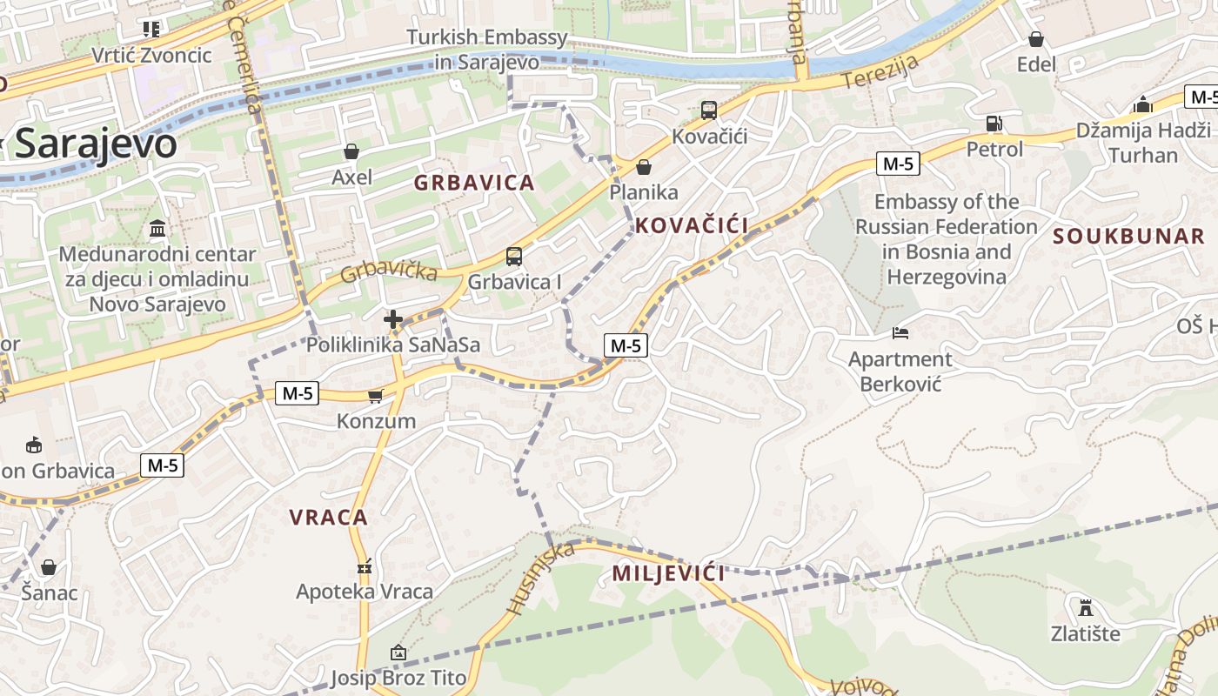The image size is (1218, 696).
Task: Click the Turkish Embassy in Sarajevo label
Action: [487, 50]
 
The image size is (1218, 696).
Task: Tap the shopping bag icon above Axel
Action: [351, 152]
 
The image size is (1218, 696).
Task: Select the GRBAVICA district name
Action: [473, 183]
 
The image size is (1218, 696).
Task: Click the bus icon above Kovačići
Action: [709, 110]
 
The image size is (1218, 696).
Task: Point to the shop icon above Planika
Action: [644, 167]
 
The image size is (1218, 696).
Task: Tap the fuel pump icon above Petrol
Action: [994, 124]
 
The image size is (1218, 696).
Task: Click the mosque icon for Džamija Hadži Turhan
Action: [1143, 105]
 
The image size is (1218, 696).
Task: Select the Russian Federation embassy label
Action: [946, 239]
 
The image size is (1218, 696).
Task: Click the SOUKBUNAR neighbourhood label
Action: [1128, 236]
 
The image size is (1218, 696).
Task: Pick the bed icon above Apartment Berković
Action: [900, 333]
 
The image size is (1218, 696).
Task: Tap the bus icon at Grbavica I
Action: [514, 257]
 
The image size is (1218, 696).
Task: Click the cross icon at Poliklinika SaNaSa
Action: [393, 320]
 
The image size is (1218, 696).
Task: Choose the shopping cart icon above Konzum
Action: [375, 397]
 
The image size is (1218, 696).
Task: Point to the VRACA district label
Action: [329, 518]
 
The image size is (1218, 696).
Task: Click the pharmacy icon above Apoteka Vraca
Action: [365, 567]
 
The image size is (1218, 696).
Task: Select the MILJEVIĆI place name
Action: [668, 573]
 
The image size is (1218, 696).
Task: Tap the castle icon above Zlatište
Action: [1085, 607]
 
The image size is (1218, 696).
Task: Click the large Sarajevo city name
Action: [96, 144]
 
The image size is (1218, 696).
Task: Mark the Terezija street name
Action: [880, 74]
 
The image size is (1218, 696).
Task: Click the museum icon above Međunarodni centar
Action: [158, 229]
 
